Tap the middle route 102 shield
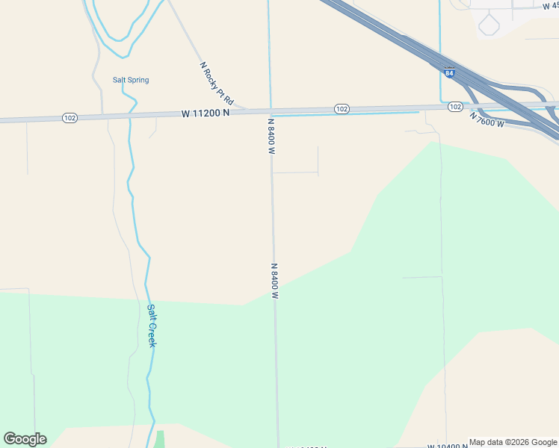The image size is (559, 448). pos(341,109)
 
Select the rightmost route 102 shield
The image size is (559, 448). pos(455,107)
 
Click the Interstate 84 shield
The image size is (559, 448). pos(448,72)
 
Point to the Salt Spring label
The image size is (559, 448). pos(130,80)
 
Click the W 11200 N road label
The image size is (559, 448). pos(205,113)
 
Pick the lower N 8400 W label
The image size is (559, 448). pos(274,281)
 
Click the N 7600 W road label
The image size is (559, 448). pos(487,119)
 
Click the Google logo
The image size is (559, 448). pos(25,439)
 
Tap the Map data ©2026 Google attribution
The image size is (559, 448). pos(513,442)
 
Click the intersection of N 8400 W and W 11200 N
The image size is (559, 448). pos(271,111)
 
